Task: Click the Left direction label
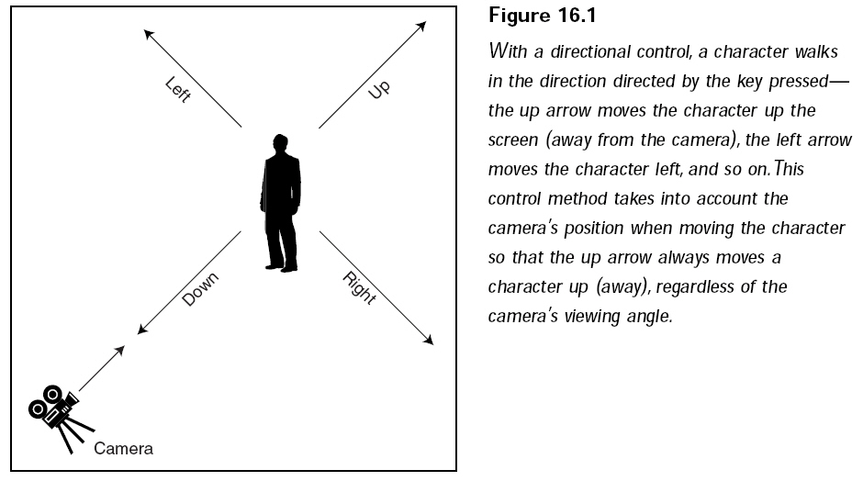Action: click(178, 89)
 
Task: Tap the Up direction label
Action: click(378, 89)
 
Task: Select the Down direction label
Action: click(200, 289)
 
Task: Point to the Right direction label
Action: click(359, 288)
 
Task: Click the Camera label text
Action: click(123, 449)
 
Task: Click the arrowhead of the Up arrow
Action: click(421, 27)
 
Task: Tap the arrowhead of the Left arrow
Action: click(149, 35)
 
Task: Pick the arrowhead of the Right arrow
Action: click(428, 340)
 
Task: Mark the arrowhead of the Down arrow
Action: click(142, 329)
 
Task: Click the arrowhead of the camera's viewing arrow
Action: click(119, 352)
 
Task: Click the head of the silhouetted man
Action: click(281, 144)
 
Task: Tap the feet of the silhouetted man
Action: click(282, 268)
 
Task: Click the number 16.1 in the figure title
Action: click(577, 16)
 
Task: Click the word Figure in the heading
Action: click(520, 17)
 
